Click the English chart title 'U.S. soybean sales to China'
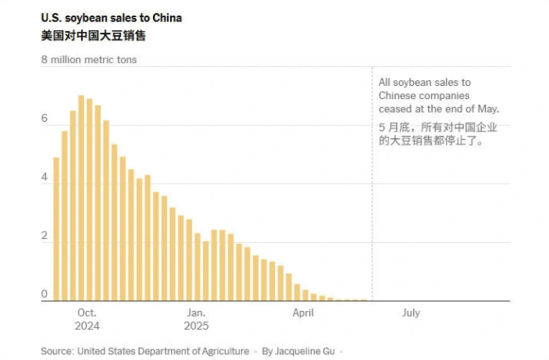pyautogui.click(x=111, y=18)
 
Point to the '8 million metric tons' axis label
pyautogui.click(x=89, y=60)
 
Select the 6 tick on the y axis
pyautogui.click(x=46, y=119)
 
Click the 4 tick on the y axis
pyautogui.click(x=46, y=178)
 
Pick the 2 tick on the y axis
pyautogui.click(x=46, y=236)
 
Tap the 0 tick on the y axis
pyautogui.click(x=46, y=295)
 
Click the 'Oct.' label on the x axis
pyautogui.click(x=87, y=313)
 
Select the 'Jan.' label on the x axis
pyautogui.click(x=196, y=313)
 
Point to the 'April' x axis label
pyautogui.click(x=303, y=313)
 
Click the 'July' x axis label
pyautogui.click(x=411, y=313)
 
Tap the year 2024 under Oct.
pyautogui.click(x=87, y=326)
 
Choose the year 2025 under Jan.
pyautogui.click(x=196, y=326)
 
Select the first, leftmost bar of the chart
pyautogui.click(x=56, y=229)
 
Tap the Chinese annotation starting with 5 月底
pyautogui.click(x=439, y=134)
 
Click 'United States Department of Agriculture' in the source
pyautogui.click(x=163, y=351)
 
